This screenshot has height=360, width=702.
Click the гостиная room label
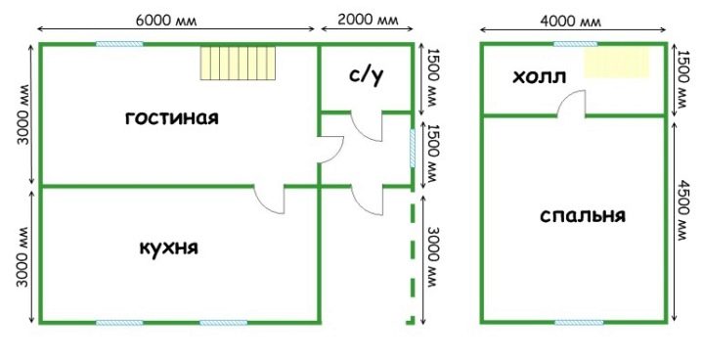pos(172,118)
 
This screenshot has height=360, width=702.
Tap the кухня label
pos(169,247)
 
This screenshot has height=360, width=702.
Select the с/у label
pos(367,76)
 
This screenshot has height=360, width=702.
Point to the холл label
pos(539,77)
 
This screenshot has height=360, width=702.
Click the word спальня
pos(583,216)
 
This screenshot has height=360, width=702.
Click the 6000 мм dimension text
pos(166,21)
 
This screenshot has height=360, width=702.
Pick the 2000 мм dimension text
pos(367,21)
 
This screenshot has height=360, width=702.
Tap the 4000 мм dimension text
pos(570,22)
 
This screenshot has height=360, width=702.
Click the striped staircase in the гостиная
pos(238,64)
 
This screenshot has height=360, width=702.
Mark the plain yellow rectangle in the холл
pos(617,63)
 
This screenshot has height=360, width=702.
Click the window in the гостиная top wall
pos(119,44)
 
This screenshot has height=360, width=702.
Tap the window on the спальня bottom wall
pos(579,322)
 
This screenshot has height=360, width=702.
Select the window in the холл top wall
pos(575,44)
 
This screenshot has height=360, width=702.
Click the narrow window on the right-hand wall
pos(413,149)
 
